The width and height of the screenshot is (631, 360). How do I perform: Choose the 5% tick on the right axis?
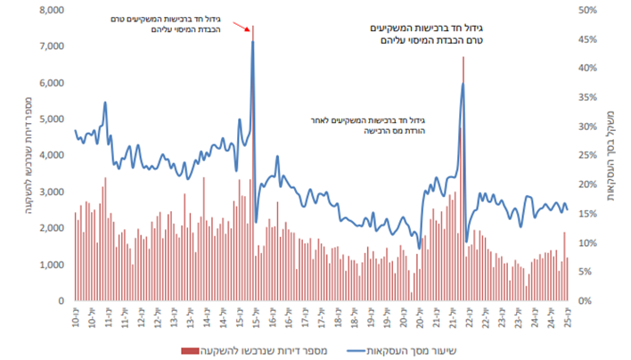pos(583,272)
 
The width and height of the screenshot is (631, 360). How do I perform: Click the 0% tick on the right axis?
pos(583,301)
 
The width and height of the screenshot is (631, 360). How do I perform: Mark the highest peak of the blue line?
pos(253,41)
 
